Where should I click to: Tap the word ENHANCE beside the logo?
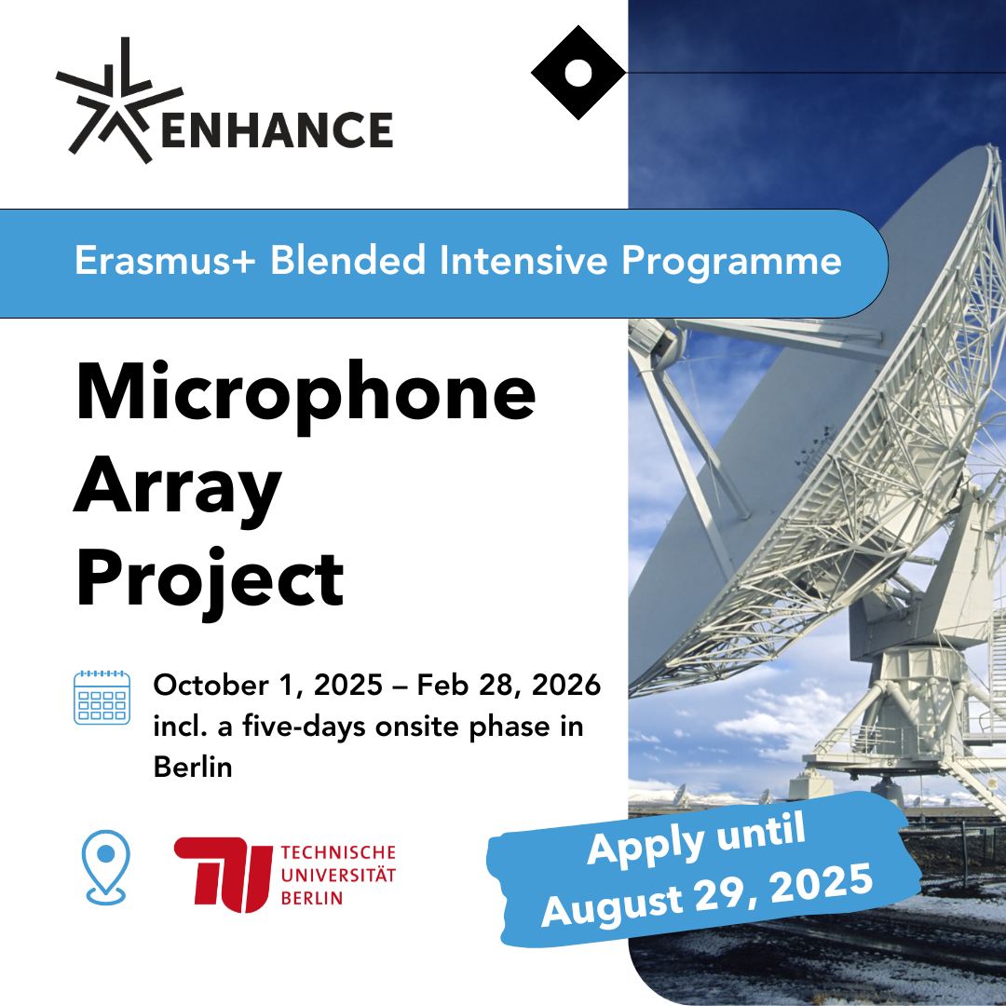[278, 130]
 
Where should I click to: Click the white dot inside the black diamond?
[578, 73]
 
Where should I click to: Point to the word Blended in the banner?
[347, 260]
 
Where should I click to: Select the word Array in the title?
[178, 490]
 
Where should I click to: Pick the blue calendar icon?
[102, 698]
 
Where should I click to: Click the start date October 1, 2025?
[268, 686]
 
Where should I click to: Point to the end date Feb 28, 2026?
[509, 685]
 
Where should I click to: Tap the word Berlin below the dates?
[193, 767]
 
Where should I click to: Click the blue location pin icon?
[106, 867]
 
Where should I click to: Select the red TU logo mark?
[223, 875]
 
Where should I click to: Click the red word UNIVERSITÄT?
[338, 875]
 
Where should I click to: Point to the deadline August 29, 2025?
[707, 895]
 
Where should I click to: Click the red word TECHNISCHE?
[338, 852]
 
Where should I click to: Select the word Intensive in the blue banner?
[523, 261]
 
